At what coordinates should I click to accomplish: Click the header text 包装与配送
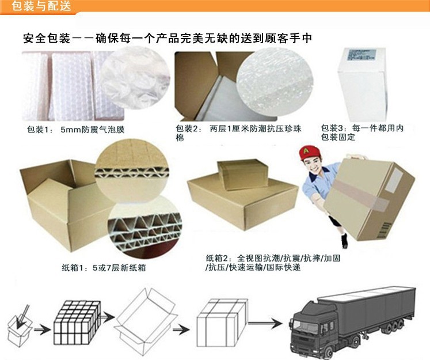[36, 7]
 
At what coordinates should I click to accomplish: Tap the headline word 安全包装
[46, 39]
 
